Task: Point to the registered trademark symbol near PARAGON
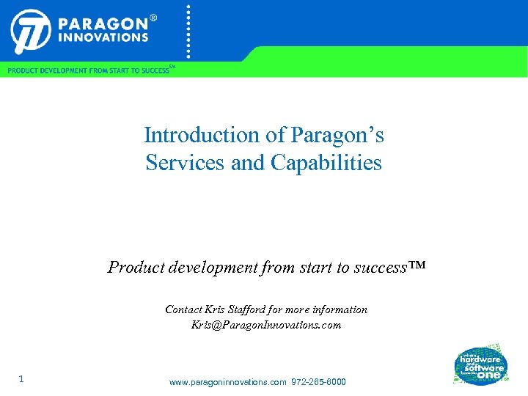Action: click(x=153, y=15)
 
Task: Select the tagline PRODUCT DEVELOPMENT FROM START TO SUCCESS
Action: click(x=88, y=70)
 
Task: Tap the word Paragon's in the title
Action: click(x=340, y=136)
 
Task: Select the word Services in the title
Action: click(x=186, y=162)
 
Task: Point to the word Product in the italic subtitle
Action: click(x=137, y=267)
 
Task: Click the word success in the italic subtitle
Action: click(x=379, y=267)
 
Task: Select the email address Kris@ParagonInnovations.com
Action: click(x=266, y=325)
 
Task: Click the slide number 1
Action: click(x=21, y=379)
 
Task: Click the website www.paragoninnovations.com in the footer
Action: click(x=227, y=383)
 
